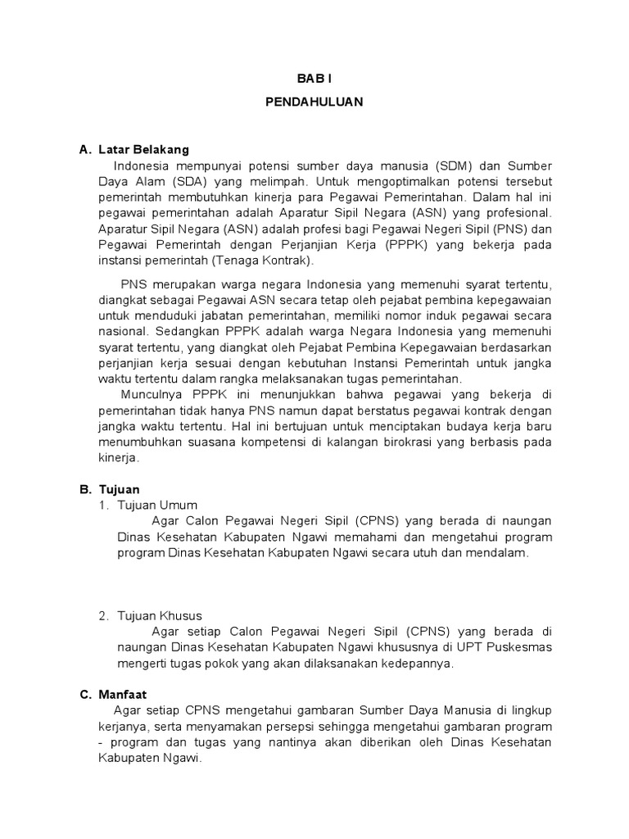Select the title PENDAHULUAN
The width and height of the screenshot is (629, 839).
coord(314,103)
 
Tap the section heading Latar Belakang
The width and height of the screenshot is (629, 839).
coord(143,150)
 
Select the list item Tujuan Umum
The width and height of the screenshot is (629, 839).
coord(157,505)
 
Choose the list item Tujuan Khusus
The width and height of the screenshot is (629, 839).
coord(160,615)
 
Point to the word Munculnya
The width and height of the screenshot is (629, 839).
coord(148,394)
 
